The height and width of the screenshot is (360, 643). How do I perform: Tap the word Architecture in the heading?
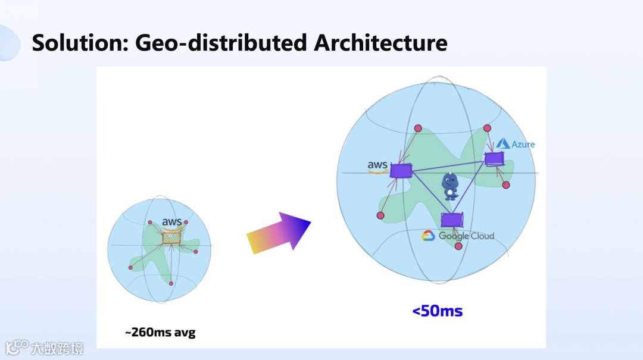tap(380, 43)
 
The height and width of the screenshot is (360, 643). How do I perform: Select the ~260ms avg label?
tap(160, 333)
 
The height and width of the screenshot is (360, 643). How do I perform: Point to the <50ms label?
tap(438, 311)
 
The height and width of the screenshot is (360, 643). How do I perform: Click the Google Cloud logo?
tap(458, 236)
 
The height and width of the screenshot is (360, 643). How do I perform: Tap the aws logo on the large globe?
tap(377, 166)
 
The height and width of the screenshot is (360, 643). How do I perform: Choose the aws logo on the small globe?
tap(171, 223)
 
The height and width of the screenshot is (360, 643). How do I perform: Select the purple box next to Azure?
tap(494, 158)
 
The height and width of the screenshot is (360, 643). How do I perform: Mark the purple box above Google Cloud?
tap(452, 220)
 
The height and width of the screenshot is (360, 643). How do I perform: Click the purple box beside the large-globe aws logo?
tap(401, 171)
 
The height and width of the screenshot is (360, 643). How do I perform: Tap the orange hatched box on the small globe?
tap(171, 237)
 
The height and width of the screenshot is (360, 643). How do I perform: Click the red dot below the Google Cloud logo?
tap(458, 246)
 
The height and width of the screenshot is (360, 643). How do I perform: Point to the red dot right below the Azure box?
tap(506, 185)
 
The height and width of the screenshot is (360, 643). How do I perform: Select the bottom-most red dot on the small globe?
tap(171, 283)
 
